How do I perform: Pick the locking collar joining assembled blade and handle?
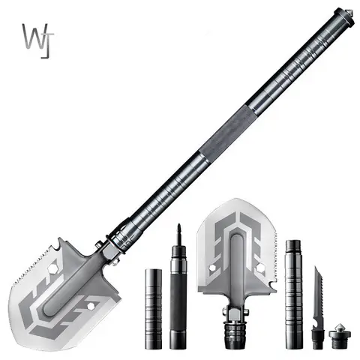[112, 246]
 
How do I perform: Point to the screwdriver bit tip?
[178, 230]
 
